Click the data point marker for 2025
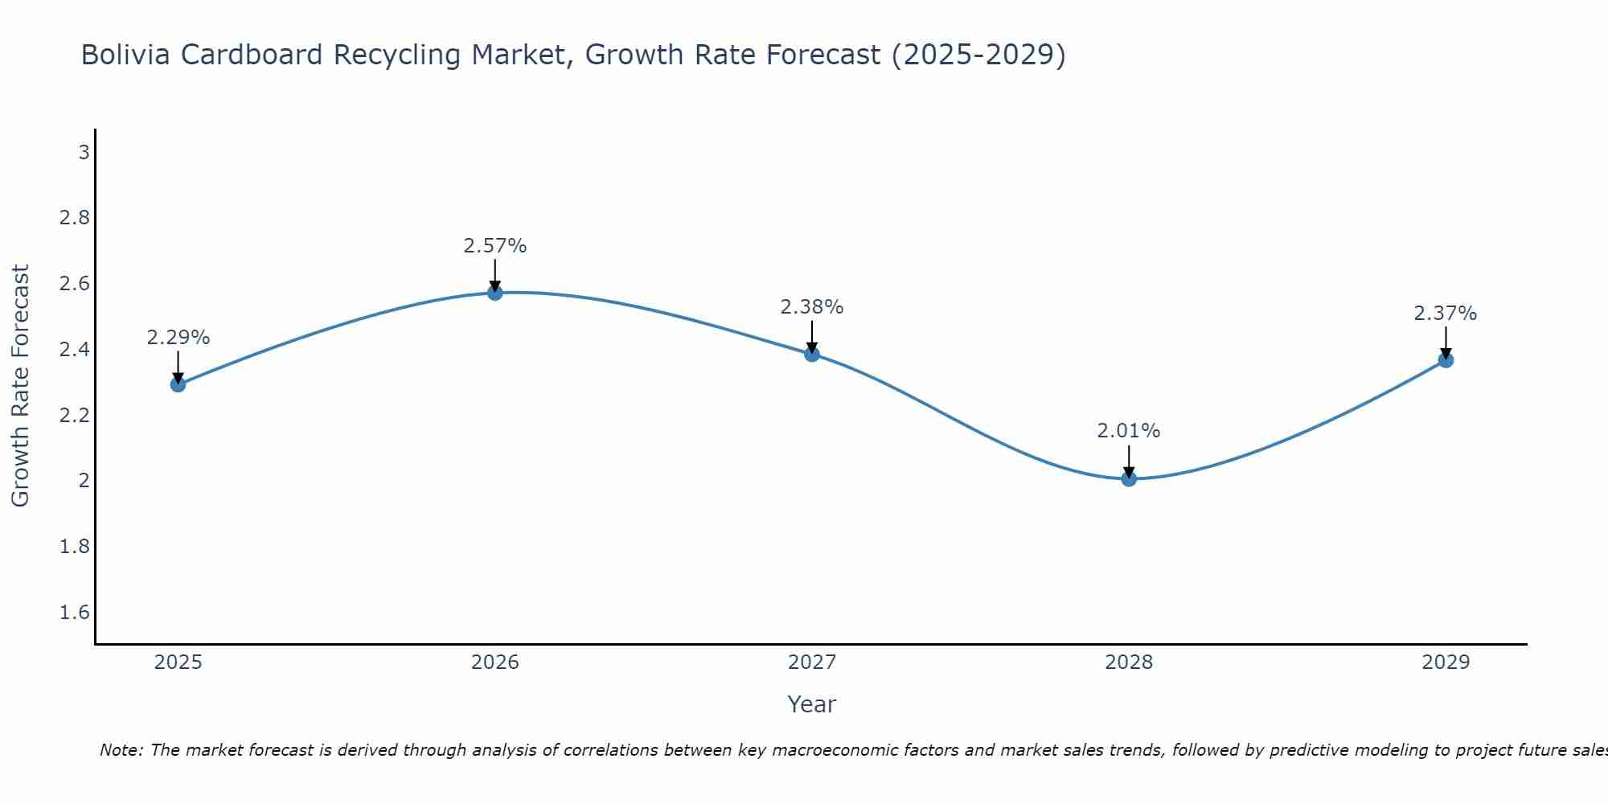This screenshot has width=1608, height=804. tap(178, 384)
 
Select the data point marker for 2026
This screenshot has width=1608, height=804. tap(495, 293)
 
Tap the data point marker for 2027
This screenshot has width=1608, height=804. tap(812, 354)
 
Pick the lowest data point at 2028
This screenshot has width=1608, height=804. tap(1129, 479)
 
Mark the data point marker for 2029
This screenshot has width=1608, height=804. tap(1446, 360)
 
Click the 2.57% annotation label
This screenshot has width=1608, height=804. tap(495, 246)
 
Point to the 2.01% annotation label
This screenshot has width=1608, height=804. tap(1129, 431)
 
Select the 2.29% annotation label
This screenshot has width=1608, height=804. tap(178, 338)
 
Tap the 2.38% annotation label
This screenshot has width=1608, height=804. tap(812, 307)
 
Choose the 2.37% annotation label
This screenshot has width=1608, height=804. tap(1446, 314)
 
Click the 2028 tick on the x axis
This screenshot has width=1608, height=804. tap(1129, 662)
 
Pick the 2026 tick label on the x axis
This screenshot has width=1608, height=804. tap(495, 662)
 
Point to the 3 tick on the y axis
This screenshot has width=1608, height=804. tap(84, 152)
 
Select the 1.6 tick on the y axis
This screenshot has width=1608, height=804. tap(75, 613)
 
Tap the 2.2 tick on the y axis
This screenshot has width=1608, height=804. tap(75, 416)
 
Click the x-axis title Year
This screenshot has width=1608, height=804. tap(812, 704)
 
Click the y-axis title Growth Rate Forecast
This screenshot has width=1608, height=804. tap(20, 386)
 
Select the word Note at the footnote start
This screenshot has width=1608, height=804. tap(121, 750)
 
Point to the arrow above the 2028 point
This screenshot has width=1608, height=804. tap(1129, 461)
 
